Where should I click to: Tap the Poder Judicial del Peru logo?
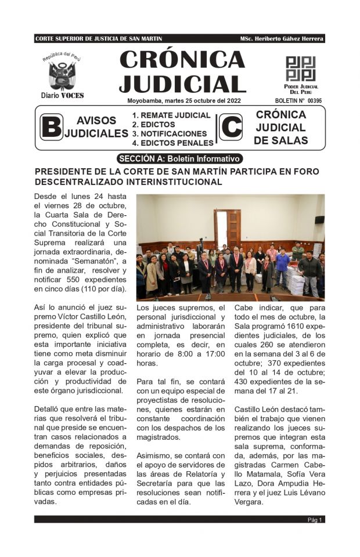300,69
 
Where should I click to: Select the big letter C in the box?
231,128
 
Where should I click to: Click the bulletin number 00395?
314,100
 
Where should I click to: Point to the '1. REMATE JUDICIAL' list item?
171,115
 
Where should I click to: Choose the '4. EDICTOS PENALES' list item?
172,143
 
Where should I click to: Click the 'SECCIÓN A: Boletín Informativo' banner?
179,158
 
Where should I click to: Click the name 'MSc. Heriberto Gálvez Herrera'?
281,38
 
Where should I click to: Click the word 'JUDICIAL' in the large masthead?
182,84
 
